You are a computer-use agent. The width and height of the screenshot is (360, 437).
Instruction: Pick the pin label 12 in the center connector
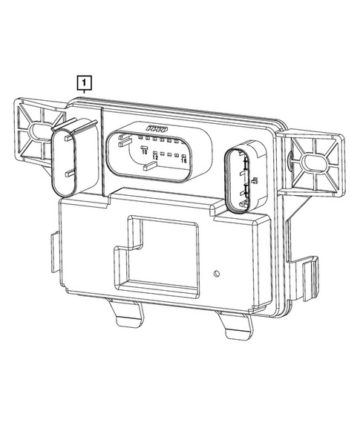click(156, 157)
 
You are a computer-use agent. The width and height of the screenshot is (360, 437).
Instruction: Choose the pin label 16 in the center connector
click(183, 161)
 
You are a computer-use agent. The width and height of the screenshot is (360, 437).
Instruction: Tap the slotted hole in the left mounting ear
click(38, 133)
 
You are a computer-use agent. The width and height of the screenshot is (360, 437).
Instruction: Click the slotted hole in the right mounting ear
click(309, 160)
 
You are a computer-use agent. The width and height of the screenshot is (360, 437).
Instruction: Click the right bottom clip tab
click(235, 325)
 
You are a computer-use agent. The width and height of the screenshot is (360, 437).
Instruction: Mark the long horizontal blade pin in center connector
click(147, 167)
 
